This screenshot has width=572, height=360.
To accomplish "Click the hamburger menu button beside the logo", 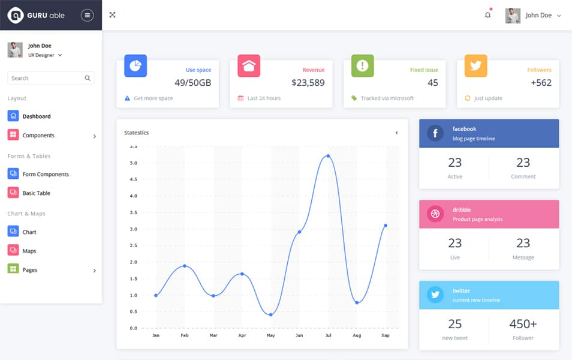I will coord(88,15).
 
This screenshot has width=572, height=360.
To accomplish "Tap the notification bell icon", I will coord(487,15).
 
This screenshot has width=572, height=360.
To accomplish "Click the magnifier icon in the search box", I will coord(88,78).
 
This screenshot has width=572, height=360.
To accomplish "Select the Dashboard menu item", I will coord(36,116).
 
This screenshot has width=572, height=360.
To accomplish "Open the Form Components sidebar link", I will coord(45,174).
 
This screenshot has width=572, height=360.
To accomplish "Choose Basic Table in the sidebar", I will coord(36,193).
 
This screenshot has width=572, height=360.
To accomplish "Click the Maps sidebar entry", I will coord(29,251).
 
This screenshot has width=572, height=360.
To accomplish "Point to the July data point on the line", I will coord(328,156).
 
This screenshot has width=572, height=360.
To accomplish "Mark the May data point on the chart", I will coord(271,314).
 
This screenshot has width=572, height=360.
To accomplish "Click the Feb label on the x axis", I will coord(185,335).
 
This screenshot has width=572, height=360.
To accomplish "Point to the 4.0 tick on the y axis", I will coord(133,196).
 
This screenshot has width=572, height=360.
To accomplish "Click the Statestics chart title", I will coord(136,133).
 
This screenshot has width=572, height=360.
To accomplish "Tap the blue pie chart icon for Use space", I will coord(136,65).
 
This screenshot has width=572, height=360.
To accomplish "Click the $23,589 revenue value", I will coord(308,83).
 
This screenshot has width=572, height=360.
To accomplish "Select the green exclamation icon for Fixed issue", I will coord(362,65).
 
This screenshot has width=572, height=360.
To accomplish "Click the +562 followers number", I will coord(541,83).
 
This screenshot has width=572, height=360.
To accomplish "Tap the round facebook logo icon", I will coord(435,133).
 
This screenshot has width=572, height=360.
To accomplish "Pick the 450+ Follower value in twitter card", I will coord(523,324).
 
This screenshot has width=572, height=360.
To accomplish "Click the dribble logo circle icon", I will coord(435,214).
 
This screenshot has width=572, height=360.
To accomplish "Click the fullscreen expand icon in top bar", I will coord(112,15).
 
